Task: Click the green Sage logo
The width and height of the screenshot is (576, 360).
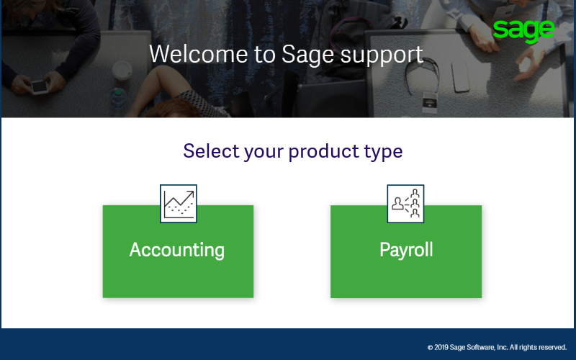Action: pyautogui.click(x=523, y=31)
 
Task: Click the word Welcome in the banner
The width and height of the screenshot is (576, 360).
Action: pyautogui.click(x=199, y=54)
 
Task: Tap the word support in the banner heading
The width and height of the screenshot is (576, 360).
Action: pyautogui.click(x=382, y=56)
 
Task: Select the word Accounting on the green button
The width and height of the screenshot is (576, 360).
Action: pyautogui.click(x=177, y=250)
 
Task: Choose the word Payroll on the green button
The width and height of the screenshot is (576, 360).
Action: pyautogui.click(x=406, y=250)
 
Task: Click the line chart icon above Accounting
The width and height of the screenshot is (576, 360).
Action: pyautogui.click(x=179, y=204)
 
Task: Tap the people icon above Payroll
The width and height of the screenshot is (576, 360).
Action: pyautogui.click(x=405, y=204)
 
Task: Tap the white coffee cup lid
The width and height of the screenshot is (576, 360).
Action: pyautogui.click(x=122, y=70)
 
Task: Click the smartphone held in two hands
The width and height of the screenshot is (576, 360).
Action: pyautogui.click(x=40, y=86)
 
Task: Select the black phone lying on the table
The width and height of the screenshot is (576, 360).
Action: pyautogui.click(x=460, y=76)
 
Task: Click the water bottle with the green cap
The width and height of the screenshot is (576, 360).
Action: pyautogui.click(x=118, y=98)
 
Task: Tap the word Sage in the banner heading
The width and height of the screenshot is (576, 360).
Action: pyautogui.click(x=308, y=56)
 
